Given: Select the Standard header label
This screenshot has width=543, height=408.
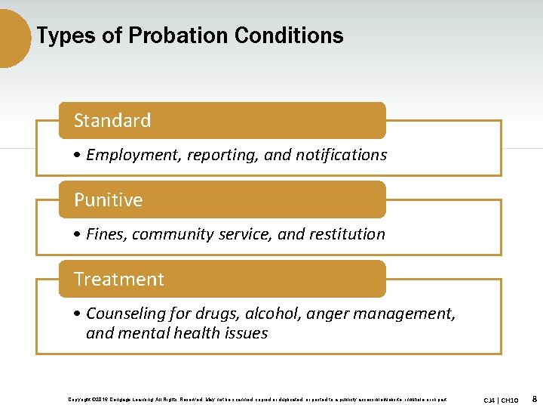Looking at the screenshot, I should click(112, 120).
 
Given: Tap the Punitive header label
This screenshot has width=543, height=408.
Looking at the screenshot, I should click(108, 199).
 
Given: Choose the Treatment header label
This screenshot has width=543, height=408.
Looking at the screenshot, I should click(119, 279).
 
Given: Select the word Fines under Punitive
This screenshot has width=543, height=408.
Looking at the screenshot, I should click(106, 234).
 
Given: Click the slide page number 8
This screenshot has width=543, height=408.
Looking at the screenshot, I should click(534, 398).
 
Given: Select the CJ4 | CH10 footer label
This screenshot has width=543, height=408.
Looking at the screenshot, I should click(501, 399).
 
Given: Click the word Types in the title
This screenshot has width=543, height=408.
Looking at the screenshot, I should click(60, 36).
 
